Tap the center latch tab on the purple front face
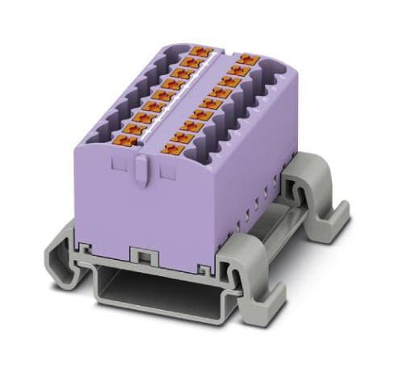pyautogui.click(x=141, y=170)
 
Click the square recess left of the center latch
pyautogui.click(x=120, y=167)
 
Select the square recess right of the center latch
pyautogui.click(x=168, y=171)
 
